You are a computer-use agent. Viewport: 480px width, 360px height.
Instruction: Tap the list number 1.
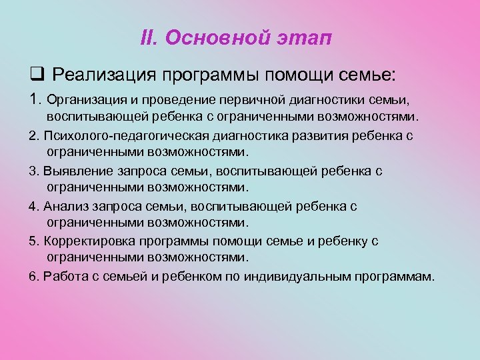click(x=35, y=100)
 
